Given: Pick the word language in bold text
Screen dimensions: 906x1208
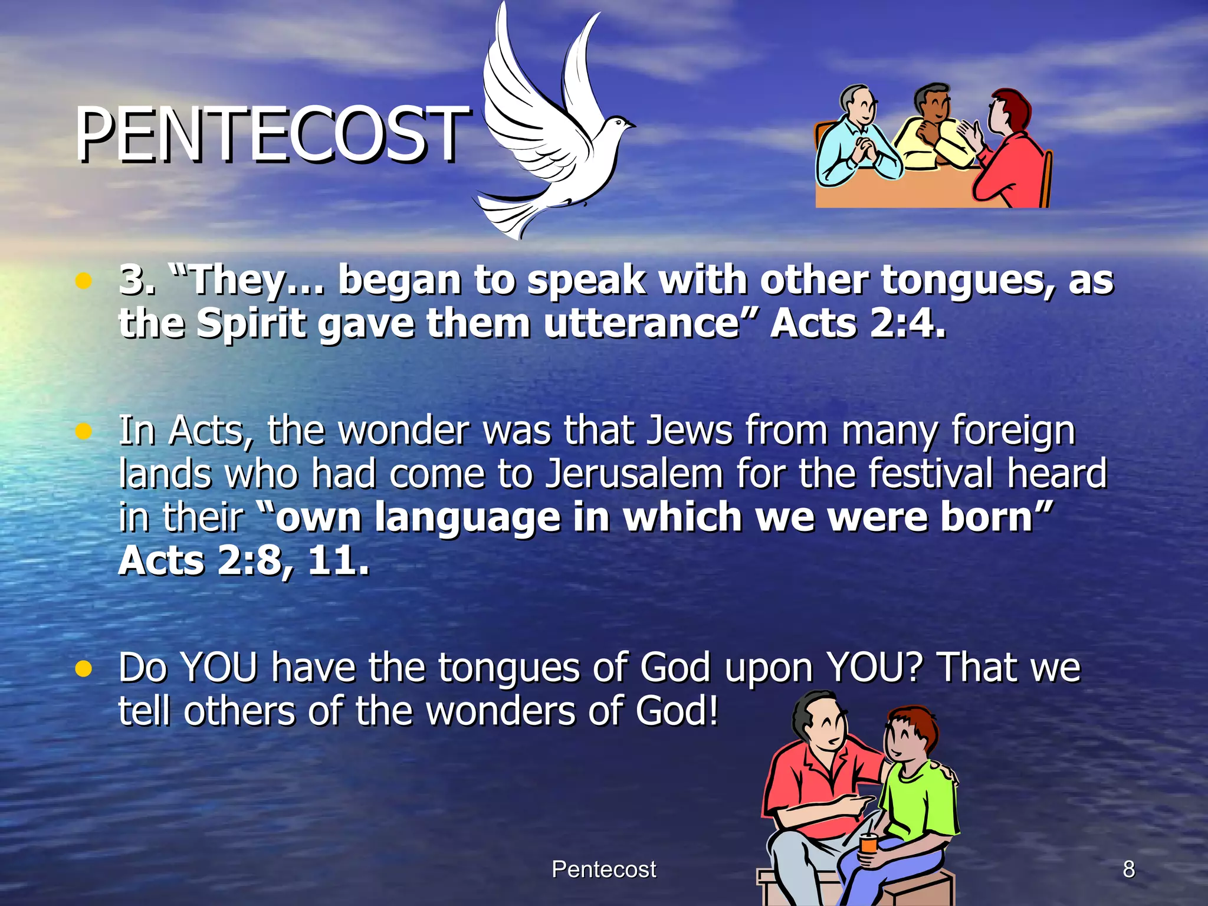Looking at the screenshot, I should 467,517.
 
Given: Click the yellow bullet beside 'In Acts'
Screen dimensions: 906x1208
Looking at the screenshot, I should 84,432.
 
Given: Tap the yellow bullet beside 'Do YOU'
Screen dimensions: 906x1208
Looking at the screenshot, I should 84,669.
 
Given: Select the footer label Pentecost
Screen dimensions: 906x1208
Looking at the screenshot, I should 603,869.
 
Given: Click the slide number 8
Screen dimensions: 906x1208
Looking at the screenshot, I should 1128,869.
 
